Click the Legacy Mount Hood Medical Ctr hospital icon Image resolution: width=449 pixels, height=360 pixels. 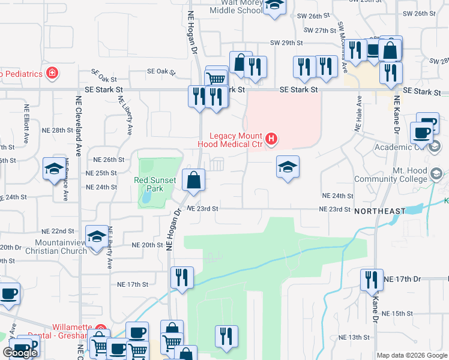pos(271,139)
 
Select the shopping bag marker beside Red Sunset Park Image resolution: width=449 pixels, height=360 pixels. pos(194,181)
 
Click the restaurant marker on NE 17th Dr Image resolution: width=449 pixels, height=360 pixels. pos(372,280)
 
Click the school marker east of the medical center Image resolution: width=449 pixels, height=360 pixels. pos(288,167)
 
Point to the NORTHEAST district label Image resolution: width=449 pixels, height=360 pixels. pos(380,212)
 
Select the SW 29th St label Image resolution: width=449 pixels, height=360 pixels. pos(285,43)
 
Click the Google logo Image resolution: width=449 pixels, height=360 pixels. pos(20,353)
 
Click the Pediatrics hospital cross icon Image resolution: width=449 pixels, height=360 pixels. pos(53,74)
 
